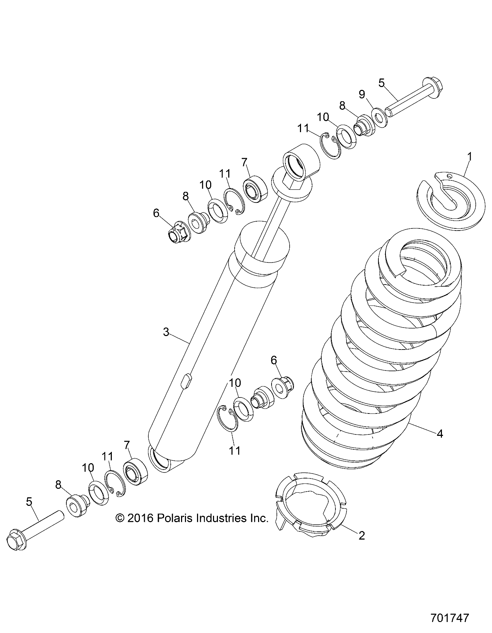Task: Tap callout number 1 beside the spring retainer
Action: pos(469,156)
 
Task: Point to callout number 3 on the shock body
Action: pos(166,332)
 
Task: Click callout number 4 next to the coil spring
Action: pos(440,433)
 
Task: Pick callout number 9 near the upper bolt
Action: pos(362,94)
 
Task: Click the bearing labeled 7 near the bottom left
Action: pos(135,471)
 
